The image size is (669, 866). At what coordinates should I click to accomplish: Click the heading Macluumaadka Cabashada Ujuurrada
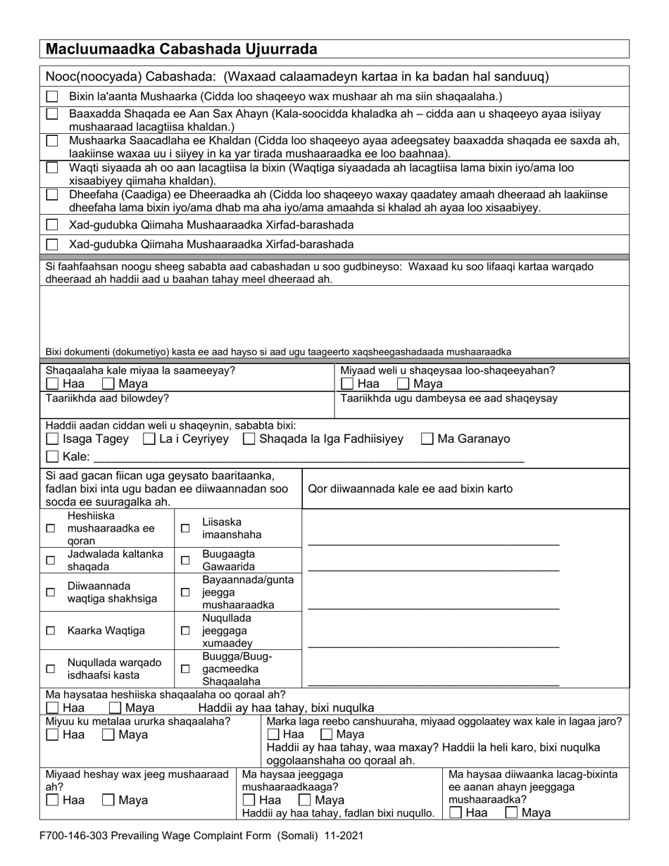[x=181, y=49]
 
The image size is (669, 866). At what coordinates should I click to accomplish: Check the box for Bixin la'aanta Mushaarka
[x=52, y=96]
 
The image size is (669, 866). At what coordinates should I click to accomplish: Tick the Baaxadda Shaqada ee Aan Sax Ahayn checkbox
[x=52, y=114]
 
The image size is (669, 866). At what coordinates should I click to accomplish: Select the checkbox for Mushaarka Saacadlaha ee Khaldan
[x=52, y=141]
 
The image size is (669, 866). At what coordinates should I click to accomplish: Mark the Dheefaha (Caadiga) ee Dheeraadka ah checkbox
[x=52, y=194]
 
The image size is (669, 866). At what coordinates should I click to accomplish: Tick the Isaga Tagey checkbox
[x=52, y=439]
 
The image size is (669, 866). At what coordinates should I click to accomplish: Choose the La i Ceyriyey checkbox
[x=149, y=439]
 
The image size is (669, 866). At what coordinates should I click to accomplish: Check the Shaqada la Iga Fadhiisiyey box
[x=249, y=439]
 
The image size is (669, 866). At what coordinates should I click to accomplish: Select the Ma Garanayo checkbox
[x=427, y=439]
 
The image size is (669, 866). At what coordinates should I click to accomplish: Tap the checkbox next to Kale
[x=52, y=457]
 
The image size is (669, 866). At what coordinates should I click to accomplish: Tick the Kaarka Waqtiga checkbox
[x=50, y=631]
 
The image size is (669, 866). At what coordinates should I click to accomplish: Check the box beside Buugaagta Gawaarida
[x=185, y=560]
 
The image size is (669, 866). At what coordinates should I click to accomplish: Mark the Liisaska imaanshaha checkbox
[x=185, y=528]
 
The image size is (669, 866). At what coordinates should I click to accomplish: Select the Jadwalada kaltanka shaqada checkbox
[x=50, y=560]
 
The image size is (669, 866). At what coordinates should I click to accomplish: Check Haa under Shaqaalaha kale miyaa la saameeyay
[x=52, y=384]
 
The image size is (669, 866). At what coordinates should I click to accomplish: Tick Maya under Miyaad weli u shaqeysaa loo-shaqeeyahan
[x=403, y=384]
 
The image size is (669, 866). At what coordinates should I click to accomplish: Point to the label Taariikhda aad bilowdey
[x=107, y=398]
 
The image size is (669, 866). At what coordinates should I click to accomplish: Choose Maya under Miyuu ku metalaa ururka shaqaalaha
[x=108, y=735]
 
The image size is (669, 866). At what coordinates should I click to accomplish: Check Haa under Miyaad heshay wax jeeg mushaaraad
[x=52, y=801]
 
